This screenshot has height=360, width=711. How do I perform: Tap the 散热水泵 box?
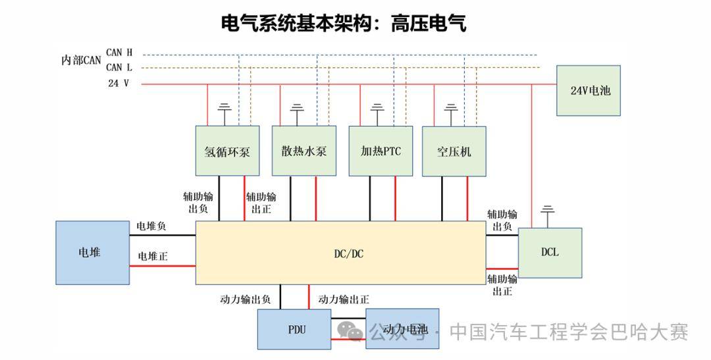tap(303, 151)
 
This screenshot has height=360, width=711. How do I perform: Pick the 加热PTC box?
tap(381, 151)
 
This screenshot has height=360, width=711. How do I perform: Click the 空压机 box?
tap(454, 151)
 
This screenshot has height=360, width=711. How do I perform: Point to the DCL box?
tap(550, 252)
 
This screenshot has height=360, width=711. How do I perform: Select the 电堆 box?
tap(92, 252)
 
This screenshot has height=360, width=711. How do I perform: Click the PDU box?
tap(294, 329)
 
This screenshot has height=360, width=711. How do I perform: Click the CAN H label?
tap(119, 52)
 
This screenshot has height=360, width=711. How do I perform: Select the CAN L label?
tap(119, 67)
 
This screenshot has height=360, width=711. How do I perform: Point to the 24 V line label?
tap(118, 84)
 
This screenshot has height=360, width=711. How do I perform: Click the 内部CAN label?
tap(81, 60)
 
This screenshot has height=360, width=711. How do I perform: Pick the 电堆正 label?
tap(152, 256)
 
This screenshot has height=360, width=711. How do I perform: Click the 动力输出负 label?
tap(246, 299)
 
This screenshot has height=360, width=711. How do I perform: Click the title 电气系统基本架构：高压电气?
tap(344, 24)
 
